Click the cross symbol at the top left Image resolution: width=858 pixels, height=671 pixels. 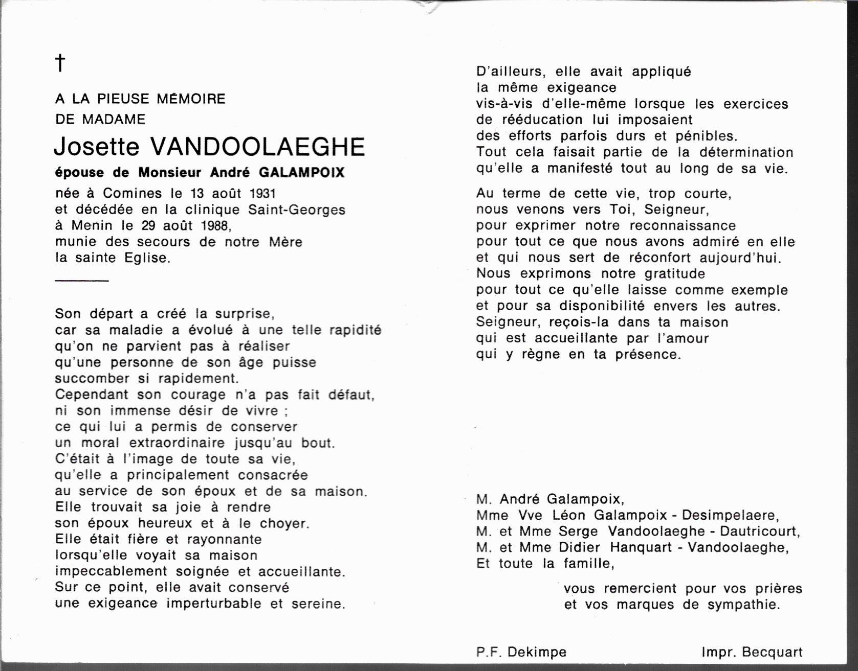(x=60, y=63)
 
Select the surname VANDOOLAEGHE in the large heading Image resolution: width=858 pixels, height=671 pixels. (x=257, y=147)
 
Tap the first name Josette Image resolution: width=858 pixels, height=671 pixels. (x=96, y=147)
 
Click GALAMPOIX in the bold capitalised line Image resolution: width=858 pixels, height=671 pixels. (x=302, y=173)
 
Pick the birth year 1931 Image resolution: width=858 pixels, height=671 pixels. (x=262, y=193)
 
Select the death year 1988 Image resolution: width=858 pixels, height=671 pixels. (x=215, y=225)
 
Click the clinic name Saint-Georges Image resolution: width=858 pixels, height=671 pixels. (x=297, y=210)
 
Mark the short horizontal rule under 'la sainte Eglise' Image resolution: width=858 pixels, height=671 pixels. (x=82, y=281)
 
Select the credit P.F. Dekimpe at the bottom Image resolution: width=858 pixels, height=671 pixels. (x=521, y=652)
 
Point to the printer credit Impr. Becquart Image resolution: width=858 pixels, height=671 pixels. (x=752, y=652)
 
